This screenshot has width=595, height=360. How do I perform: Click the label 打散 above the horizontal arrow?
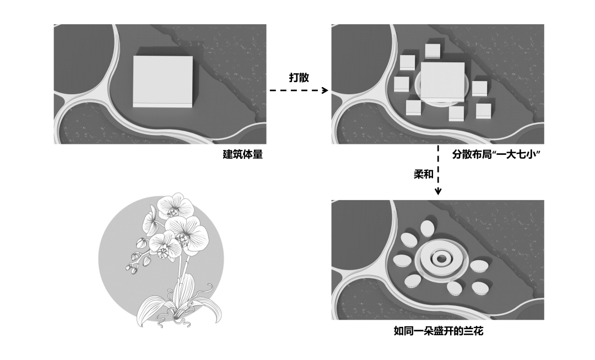click(299, 78)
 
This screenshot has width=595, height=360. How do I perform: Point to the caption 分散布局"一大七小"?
click(495, 155)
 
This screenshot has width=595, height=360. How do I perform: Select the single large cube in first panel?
click(163, 80)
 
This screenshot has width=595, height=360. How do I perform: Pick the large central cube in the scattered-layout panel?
click(442, 82)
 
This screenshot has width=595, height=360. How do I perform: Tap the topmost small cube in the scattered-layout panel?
click(432, 51)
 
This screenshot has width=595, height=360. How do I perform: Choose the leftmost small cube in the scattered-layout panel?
click(402, 84)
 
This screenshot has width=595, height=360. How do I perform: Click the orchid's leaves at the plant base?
click(176, 309)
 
